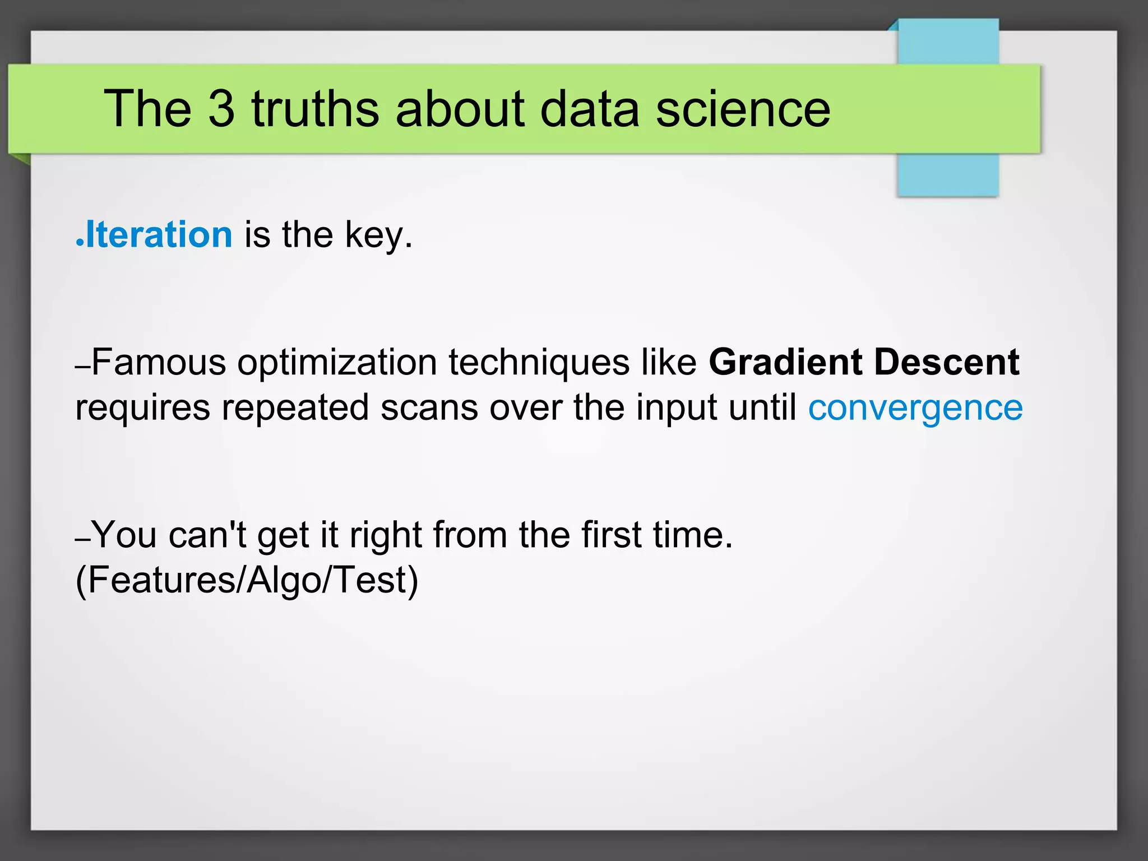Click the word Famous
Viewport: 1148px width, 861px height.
point(159,362)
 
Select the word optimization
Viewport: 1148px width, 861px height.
point(337,363)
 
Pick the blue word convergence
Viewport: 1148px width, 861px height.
point(915,408)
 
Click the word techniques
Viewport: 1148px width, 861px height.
point(539,363)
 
